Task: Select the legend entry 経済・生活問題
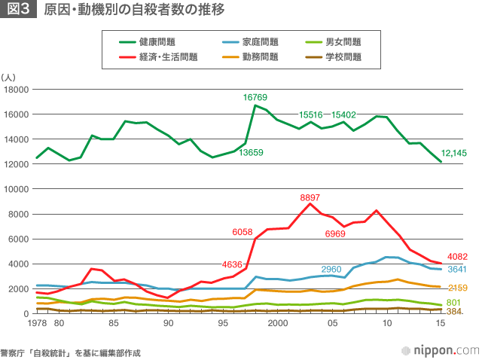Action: pyautogui.click(x=168, y=56)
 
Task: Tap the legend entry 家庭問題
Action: pyautogui.click(x=261, y=42)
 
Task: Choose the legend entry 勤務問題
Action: pyautogui.click(x=261, y=56)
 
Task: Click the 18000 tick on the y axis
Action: pyautogui.click(x=15, y=90)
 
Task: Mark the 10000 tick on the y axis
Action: pyautogui.click(x=15, y=189)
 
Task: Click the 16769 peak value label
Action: pyautogui.click(x=255, y=97)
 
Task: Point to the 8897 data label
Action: pyautogui.click(x=310, y=198)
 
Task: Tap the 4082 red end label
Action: pyautogui.click(x=458, y=257)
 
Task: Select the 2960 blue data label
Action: pyautogui.click(x=331, y=269)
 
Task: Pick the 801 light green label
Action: pyautogui.click(x=453, y=302)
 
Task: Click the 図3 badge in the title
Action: pyautogui.click(x=19, y=11)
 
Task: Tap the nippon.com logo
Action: pyautogui.click(x=441, y=349)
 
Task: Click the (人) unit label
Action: pyautogui.click(x=9, y=77)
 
